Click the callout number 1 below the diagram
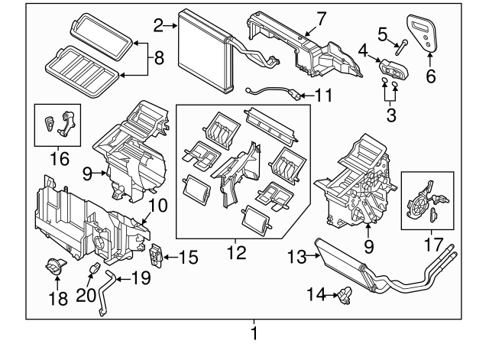tap(254, 333)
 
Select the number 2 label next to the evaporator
tap(158, 27)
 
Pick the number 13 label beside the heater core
tap(297, 257)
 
